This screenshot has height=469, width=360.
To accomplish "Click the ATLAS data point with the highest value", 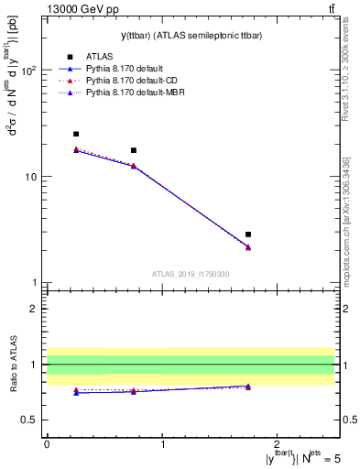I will tap(76, 134).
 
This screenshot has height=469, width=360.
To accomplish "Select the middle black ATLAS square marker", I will tap(134, 150).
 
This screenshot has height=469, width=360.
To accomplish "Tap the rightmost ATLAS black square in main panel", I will tap(248, 234).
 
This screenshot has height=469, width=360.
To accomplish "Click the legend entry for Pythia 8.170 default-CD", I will tap(133, 93).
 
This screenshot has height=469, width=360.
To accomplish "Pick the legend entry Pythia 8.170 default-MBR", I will tap(136, 106).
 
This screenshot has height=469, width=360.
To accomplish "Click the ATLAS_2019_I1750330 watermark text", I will tap(191, 274).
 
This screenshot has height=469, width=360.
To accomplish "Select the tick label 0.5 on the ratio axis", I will tap(29, 420).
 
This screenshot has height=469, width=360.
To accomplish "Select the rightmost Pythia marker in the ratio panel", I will tap(248, 387).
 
